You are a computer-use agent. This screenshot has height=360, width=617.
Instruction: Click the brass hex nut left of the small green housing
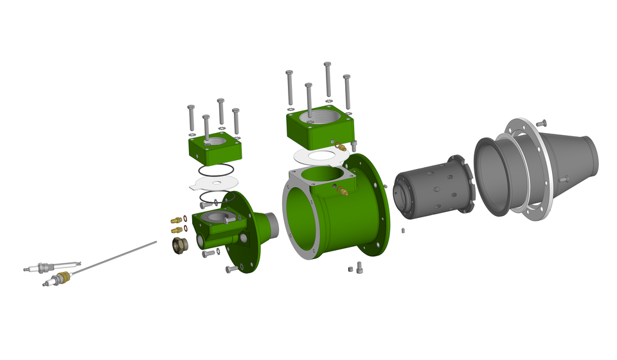[x=180, y=245]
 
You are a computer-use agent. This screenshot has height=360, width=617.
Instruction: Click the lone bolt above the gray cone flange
[x=541, y=122]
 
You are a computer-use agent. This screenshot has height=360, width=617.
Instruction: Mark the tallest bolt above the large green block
[x=328, y=80]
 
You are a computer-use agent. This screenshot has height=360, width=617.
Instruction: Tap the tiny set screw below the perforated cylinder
[x=403, y=230]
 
